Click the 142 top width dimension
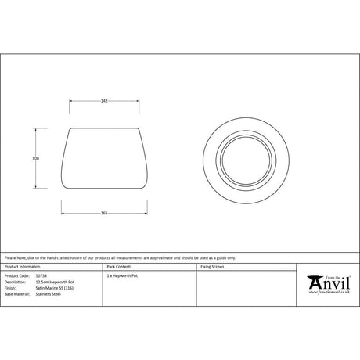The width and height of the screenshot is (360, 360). coord(104,100)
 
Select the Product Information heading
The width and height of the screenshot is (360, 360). coord(20,267)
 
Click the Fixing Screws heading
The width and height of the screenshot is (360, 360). coord(213,267)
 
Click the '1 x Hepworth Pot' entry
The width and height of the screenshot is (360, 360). coord(122,276)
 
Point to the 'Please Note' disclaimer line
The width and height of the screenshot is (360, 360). coord(109,257)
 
